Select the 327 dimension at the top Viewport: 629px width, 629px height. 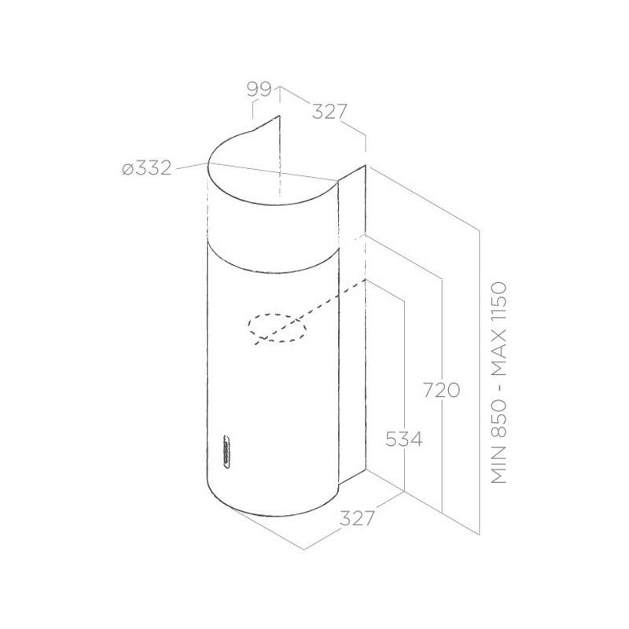click(x=329, y=112)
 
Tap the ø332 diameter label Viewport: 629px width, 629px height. click(x=146, y=168)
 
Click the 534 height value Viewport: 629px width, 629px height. click(x=404, y=439)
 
